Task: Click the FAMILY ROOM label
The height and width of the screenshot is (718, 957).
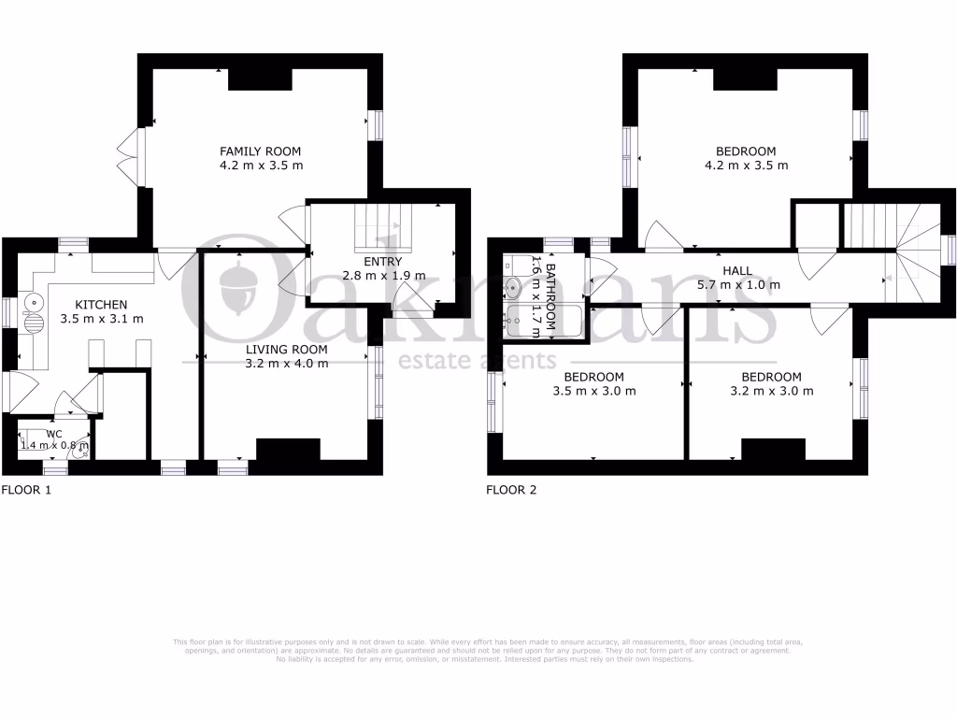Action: [x=260, y=151]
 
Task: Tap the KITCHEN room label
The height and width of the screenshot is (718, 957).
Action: [x=101, y=304]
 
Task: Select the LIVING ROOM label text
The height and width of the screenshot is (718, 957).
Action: [x=287, y=349]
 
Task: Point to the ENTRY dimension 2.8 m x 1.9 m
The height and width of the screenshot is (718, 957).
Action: [x=384, y=276]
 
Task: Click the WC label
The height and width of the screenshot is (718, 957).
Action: [x=54, y=434]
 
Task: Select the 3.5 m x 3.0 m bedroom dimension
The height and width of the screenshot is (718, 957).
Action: [x=594, y=391]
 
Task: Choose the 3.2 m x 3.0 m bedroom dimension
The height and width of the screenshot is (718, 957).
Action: [x=771, y=391]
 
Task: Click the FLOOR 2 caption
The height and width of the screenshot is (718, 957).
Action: [x=511, y=489]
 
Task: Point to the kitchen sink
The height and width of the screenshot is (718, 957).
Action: [x=34, y=303]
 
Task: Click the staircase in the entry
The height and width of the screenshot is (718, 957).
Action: [x=381, y=224]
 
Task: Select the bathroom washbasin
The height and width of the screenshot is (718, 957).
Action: [x=512, y=285]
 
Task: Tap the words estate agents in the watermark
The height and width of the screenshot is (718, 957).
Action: [x=478, y=361]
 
